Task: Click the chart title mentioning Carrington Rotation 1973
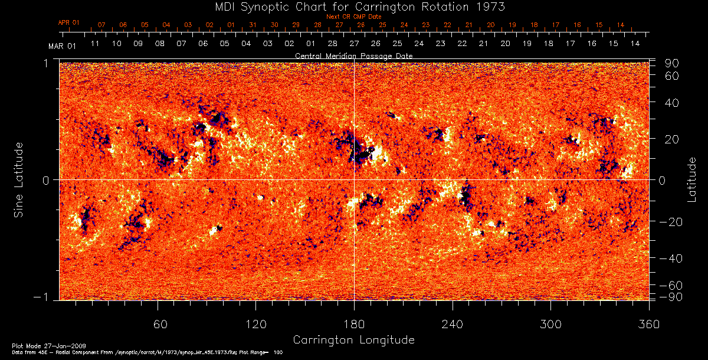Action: [353, 7]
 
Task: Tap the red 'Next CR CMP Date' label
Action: [354, 17]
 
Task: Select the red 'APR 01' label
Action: [68, 22]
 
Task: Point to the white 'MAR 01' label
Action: [62, 45]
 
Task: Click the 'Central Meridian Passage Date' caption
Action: [353, 55]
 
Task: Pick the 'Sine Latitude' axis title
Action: [19, 179]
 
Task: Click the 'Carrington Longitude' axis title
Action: [353, 340]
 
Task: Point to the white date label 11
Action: [95, 44]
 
